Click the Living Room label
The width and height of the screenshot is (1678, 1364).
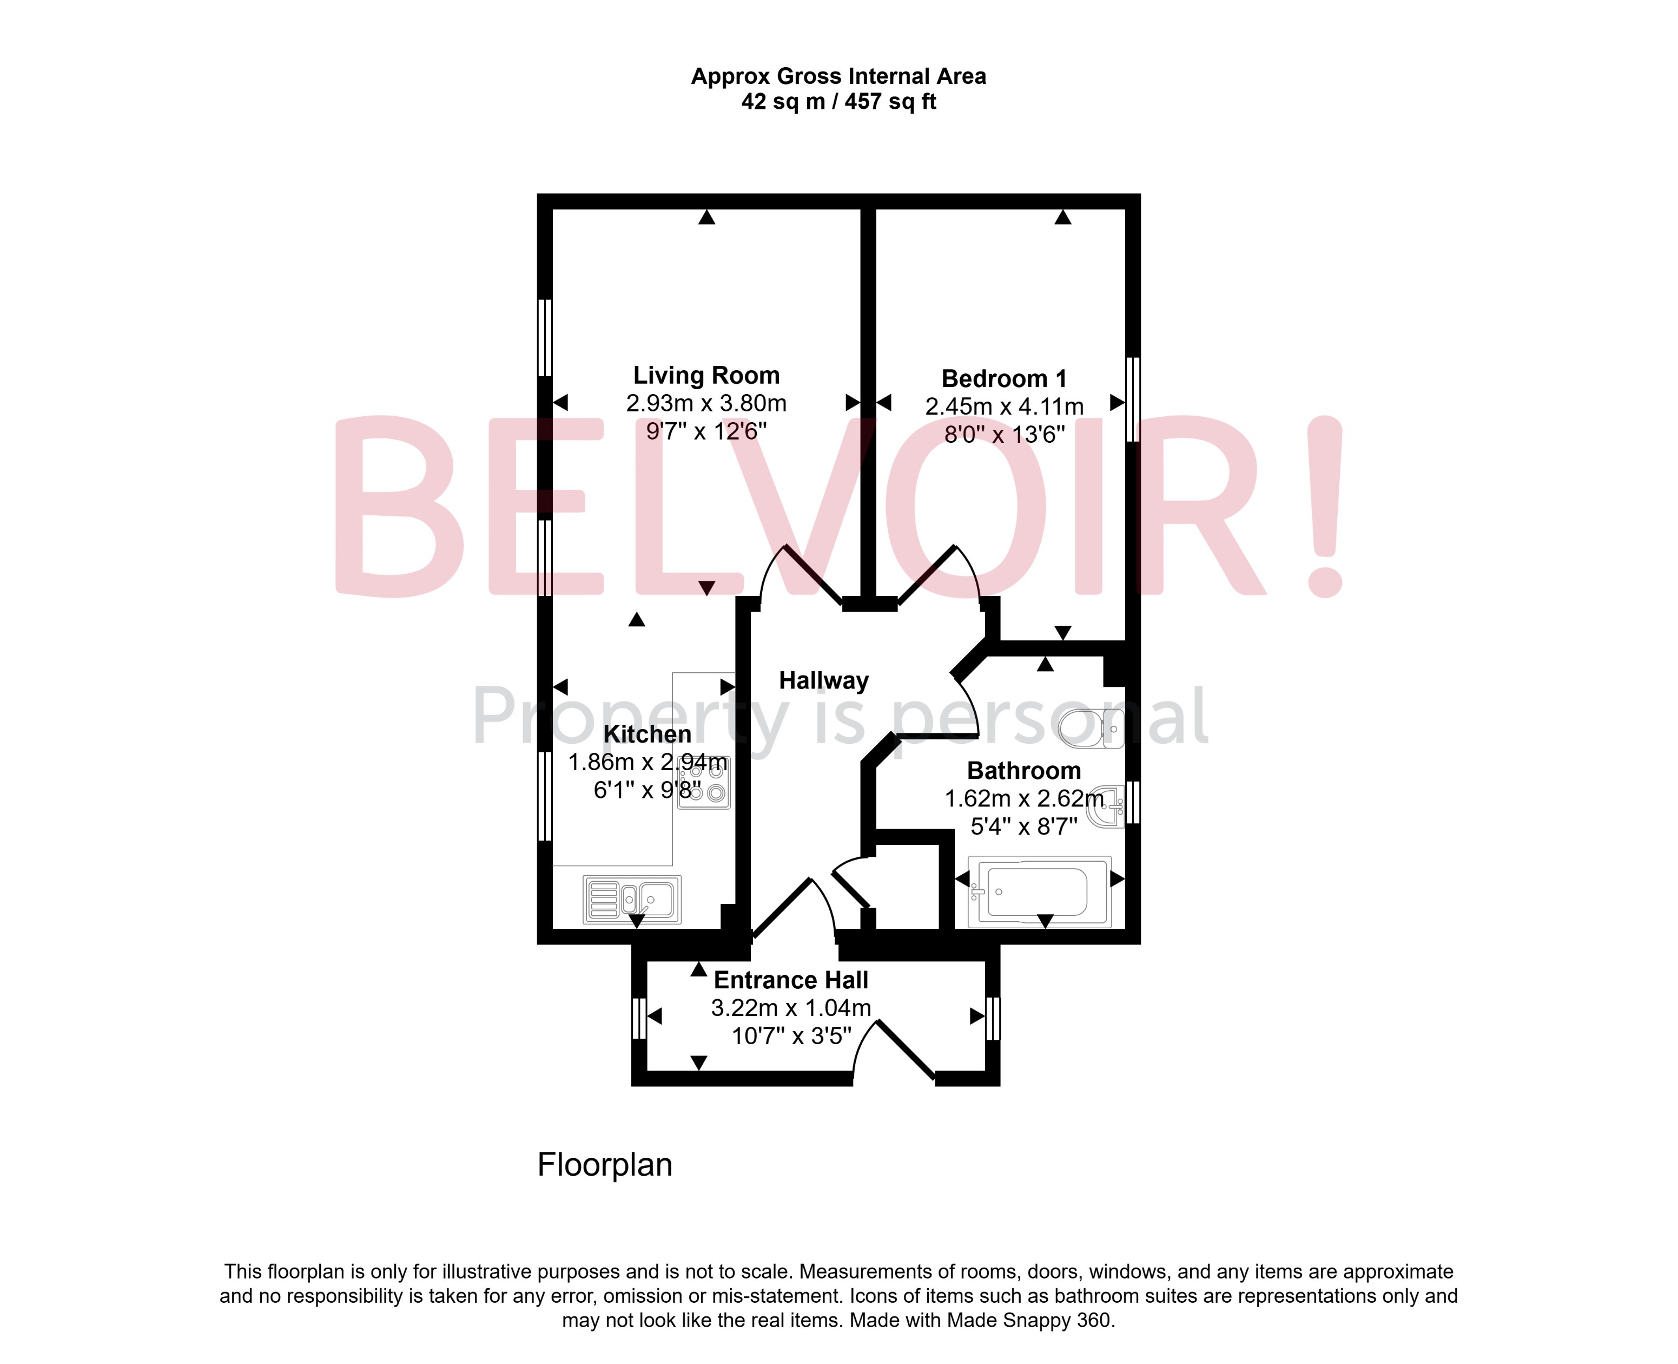pyautogui.click(x=706, y=376)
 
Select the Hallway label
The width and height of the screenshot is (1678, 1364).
pyautogui.click(x=824, y=680)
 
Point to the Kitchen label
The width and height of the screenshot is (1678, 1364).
pyautogui.click(x=647, y=734)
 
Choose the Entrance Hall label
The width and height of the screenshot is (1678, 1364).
pyautogui.click(x=791, y=981)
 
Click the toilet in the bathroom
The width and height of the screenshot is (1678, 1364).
pyautogui.click(x=1092, y=727)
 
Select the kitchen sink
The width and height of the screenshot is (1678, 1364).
pyautogui.click(x=632, y=899)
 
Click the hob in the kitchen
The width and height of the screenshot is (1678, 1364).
pyautogui.click(x=704, y=783)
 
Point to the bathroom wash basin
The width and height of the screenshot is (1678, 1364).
pyautogui.click(x=1107, y=805)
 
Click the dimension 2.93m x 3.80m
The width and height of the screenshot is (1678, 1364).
pyautogui.click(x=706, y=403)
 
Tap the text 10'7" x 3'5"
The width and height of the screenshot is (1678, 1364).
pyautogui.click(x=791, y=1037)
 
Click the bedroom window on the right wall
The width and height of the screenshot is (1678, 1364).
pyautogui.click(x=1132, y=399)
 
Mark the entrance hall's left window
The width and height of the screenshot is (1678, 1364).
pyautogui.click(x=638, y=1018)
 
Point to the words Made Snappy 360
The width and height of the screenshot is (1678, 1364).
pyautogui.click(x=1029, y=1321)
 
